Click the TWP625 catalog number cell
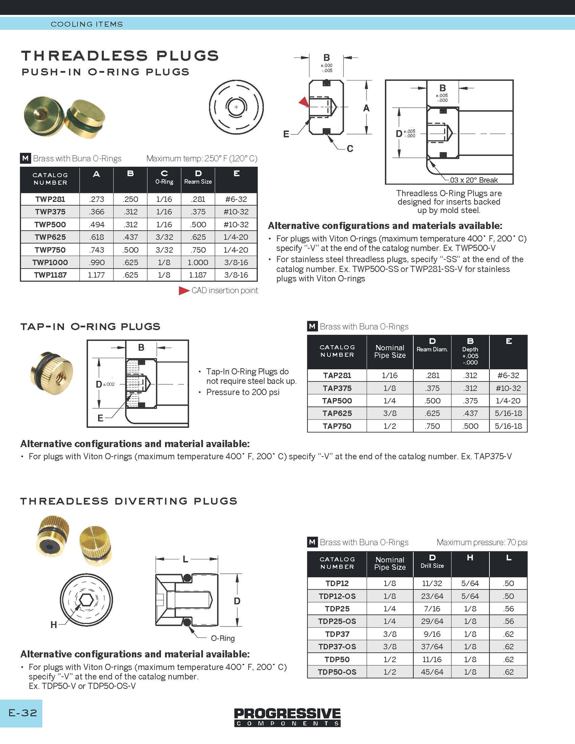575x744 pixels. (x=50, y=237)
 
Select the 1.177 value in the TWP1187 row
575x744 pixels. (x=96, y=275)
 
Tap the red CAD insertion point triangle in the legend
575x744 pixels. (x=184, y=291)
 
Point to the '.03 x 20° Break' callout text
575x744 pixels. (x=473, y=180)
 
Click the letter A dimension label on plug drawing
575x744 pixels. (x=366, y=108)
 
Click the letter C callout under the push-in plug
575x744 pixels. (x=350, y=148)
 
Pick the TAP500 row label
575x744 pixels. (x=337, y=401)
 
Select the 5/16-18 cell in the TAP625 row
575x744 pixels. (x=508, y=413)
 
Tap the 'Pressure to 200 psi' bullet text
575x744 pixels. (x=243, y=392)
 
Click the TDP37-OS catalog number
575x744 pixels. (x=337, y=647)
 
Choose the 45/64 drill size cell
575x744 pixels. (x=432, y=672)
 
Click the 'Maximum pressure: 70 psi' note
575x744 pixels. (x=482, y=542)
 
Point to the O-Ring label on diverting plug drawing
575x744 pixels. (x=222, y=638)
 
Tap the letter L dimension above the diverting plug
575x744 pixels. (x=185, y=559)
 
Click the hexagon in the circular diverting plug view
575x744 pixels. (x=86, y=600)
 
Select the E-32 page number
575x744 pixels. (x=23, y=713)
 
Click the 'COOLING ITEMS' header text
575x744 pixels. (x=87, y=24)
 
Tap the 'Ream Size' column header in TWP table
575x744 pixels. (x=198, y=182)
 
